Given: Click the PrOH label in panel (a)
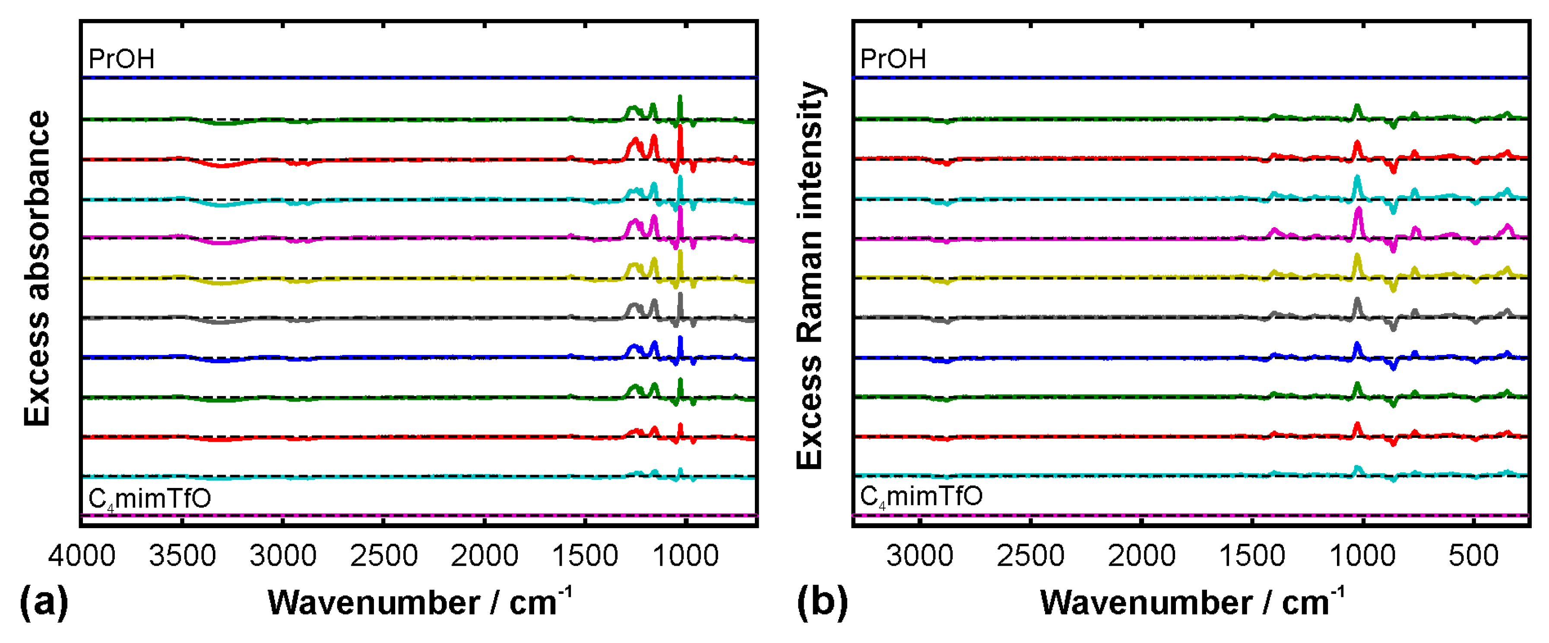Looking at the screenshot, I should [x=121, y=59].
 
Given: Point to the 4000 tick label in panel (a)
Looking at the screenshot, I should [x=82, y=555].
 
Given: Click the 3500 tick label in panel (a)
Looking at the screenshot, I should [x=182, y=555].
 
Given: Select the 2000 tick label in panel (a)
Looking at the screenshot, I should [x=484, y=555].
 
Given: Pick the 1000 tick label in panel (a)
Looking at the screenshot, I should [x=685, y=555].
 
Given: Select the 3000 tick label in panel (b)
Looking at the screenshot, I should [x=919, y=555].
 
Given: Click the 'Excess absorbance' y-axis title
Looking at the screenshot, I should [x=37, y=268].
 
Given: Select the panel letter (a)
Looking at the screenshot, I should [x=43, y=602].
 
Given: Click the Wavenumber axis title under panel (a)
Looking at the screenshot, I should [x=419, y=602].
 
